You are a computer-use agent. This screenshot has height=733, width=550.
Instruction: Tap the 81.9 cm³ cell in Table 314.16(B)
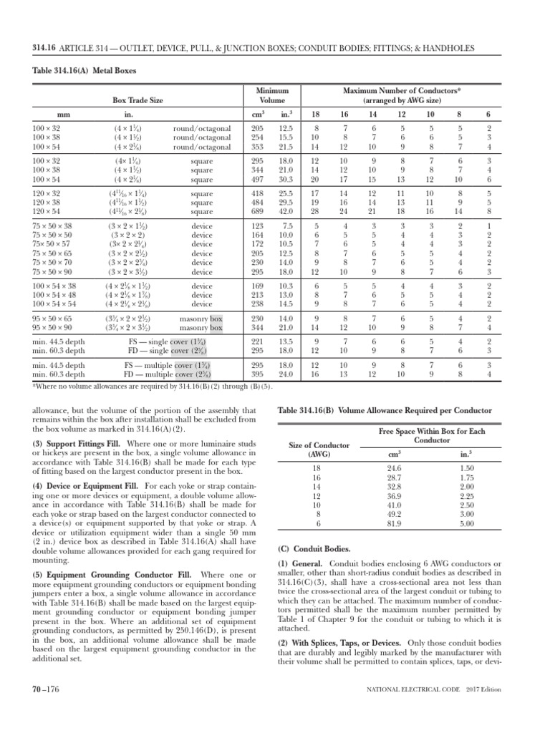(394, 523)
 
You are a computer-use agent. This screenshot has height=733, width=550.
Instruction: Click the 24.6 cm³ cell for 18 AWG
(394, 467)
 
